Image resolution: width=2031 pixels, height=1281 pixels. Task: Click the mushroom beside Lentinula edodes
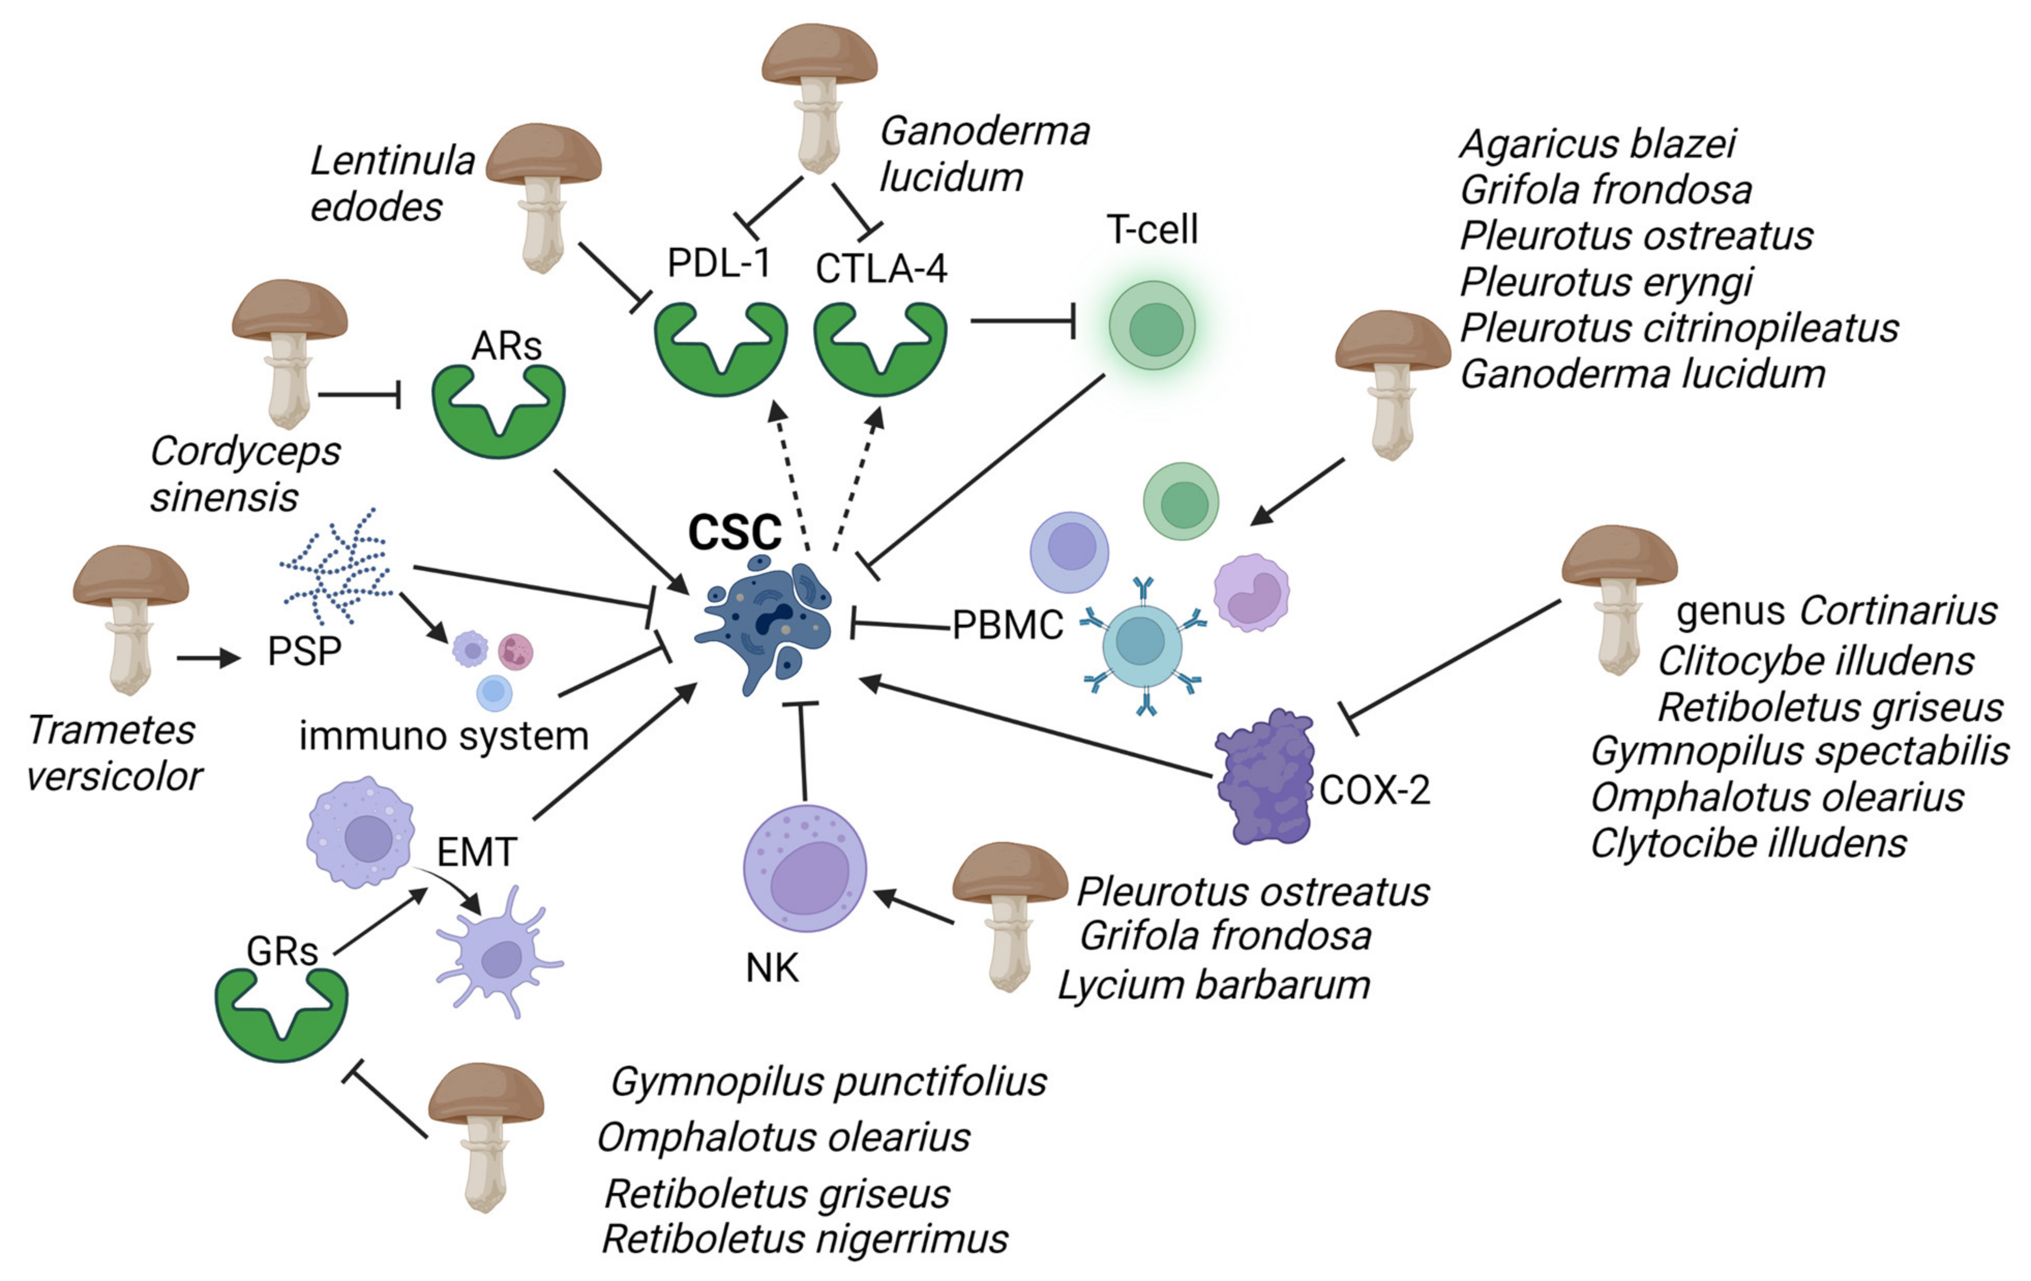coord(544,194)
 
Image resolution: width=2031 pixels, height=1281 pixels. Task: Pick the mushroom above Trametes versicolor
coord(131,616)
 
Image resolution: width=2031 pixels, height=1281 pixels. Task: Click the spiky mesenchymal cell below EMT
coord(500,958)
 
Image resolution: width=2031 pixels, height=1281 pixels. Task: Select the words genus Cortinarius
coord(1836,611)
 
